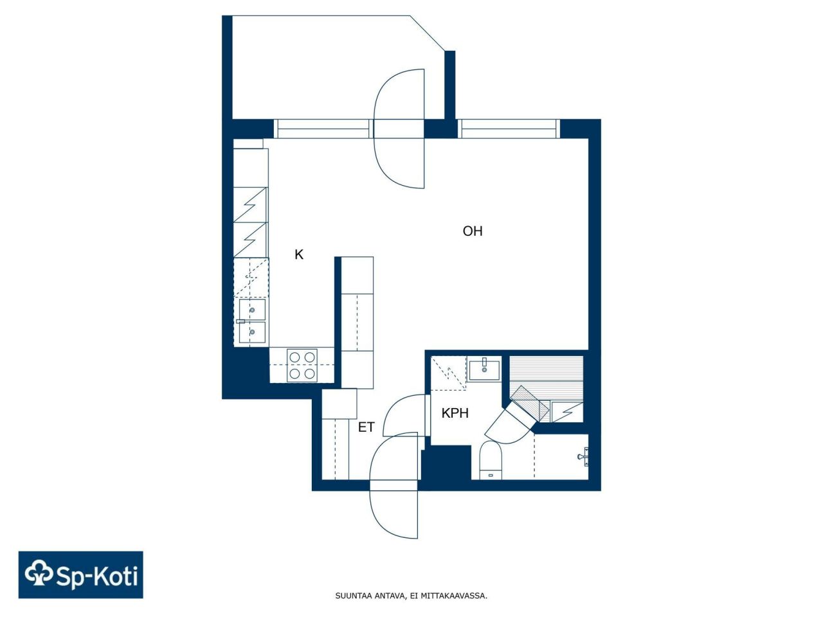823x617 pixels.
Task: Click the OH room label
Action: click(473, 231)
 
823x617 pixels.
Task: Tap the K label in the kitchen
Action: click(299, 255)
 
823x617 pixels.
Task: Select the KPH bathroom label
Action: click(455, 413)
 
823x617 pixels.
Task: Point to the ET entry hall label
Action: click(366, 427)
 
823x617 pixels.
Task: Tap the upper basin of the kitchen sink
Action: click(253, 310)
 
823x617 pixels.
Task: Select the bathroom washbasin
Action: click(484, 370)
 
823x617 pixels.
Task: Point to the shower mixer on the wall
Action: click(583, 457)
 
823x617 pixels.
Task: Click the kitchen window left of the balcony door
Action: click(323, 129)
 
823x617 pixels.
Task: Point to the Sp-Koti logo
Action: click(81, 575)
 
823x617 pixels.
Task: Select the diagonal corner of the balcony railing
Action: click(428, 33)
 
